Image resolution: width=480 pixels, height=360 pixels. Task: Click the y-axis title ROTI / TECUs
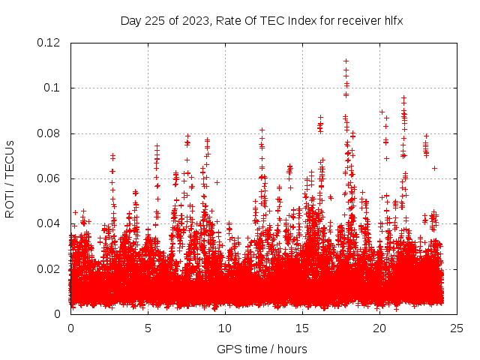(10, 178)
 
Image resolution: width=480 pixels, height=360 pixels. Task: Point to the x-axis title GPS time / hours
(262, 349)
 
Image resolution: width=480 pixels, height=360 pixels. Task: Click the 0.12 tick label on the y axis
(49, 43)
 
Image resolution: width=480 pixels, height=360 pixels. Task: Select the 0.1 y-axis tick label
(53, 88)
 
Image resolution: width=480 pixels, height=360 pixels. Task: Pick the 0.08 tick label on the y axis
(49, 133)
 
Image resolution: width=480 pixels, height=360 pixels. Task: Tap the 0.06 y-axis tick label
(49, 178)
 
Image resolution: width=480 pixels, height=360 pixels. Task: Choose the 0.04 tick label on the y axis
(49, 223)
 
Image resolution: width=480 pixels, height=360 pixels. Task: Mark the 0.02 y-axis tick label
(49, 268)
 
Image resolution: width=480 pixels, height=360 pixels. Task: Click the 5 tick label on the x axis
(148, 328)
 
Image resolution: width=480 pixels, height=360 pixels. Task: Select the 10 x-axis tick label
(225, 328)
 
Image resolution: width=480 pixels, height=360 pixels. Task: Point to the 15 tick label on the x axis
(302, 328)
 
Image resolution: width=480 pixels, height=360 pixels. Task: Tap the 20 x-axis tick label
(380, 328)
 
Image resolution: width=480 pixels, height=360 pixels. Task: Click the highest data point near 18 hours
(346, 61)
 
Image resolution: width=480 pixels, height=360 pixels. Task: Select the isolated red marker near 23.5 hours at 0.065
(434, 168)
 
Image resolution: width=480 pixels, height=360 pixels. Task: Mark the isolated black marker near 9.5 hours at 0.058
(217, 182)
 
